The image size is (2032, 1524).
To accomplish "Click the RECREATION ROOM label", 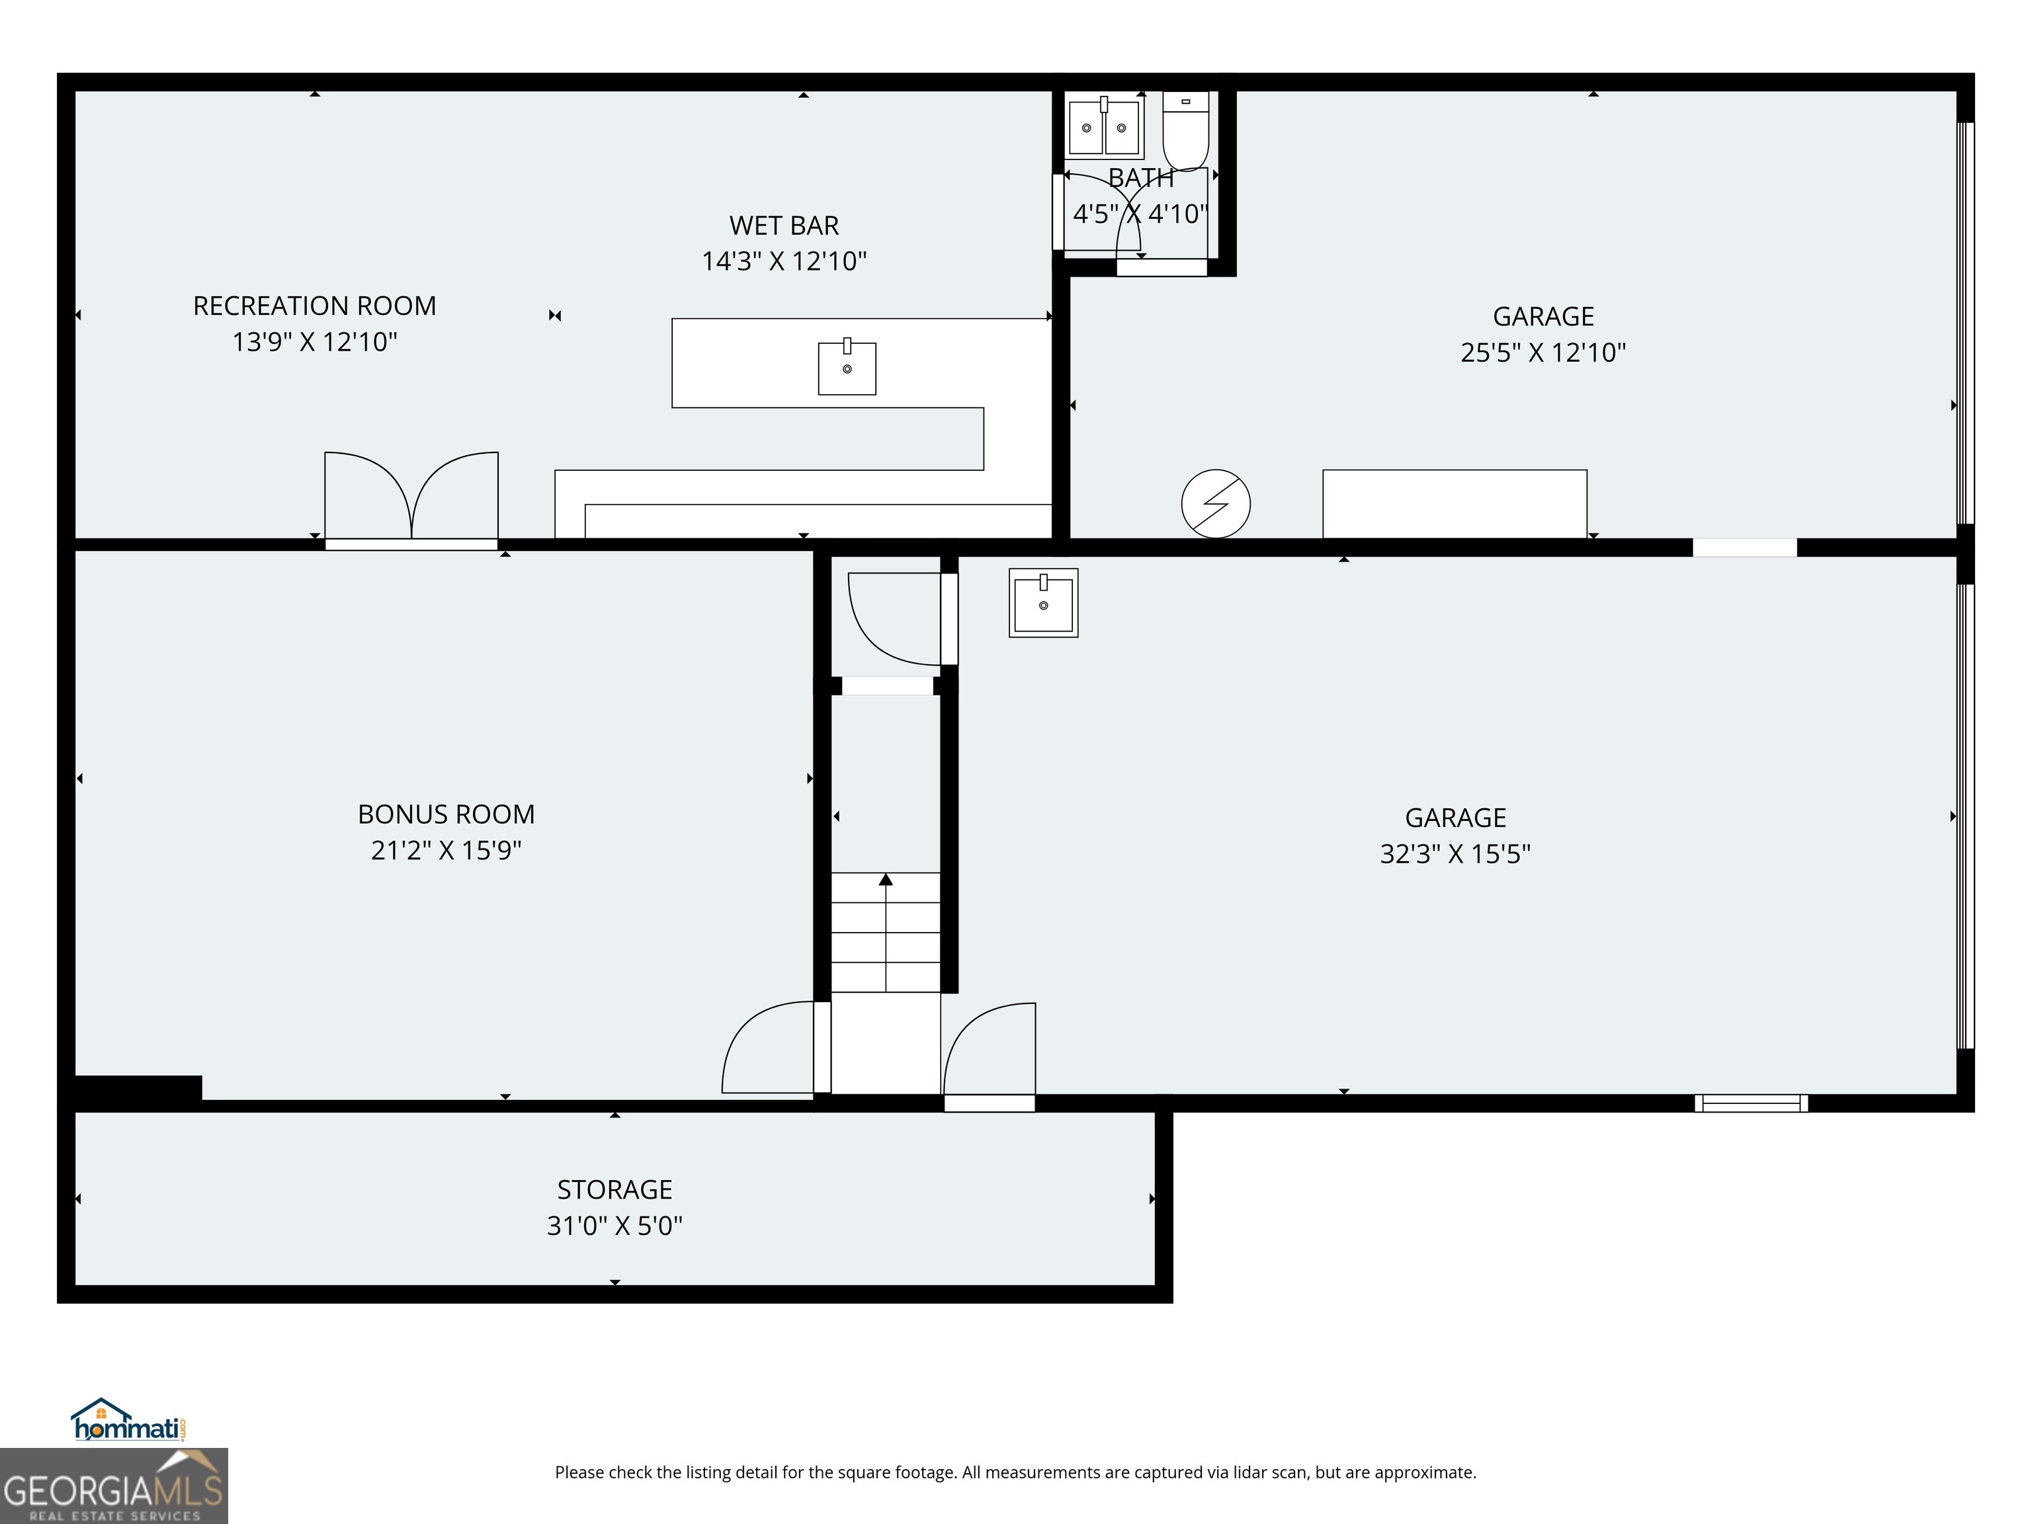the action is click(x=314, y=306).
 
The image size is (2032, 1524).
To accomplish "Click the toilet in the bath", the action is click(x=1185, y=130).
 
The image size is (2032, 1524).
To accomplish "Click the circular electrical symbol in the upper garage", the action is click(x=1215, y=503).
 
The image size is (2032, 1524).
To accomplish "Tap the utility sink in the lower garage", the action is click(x=1044, y=603).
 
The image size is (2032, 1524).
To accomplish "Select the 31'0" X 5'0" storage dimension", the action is click(x=614, y=1226).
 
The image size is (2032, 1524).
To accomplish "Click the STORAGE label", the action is click(x=614, y=1189).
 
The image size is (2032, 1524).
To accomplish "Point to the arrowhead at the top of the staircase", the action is click(x=886, y=880).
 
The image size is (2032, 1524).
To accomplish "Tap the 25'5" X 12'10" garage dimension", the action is click(x=1543, y=352).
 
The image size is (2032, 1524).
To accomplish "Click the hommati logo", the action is click(x=130, y=1420).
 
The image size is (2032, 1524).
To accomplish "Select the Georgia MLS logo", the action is click(x=113, y=1486).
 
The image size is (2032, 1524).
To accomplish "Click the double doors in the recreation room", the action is click(x=411, y=496).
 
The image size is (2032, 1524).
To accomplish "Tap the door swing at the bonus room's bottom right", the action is click(x=768, y=1047).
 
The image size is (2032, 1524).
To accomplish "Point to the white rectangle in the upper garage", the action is click(x=1454, y=504).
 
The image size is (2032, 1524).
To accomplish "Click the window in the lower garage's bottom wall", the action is click(x=1751, y=1103).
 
